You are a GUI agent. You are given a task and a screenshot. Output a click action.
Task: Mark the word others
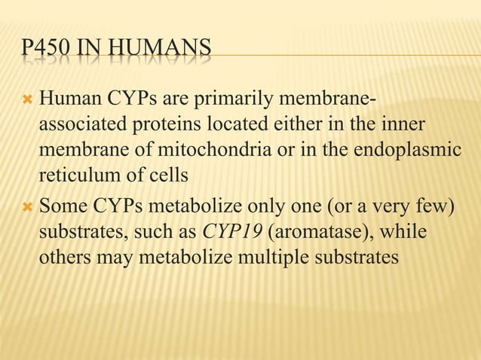click(63, 259)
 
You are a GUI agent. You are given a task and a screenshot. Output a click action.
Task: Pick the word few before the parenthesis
click(432, 206)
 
